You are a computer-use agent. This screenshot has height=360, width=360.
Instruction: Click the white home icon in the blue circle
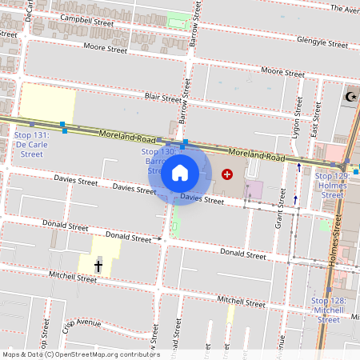coord(180,172)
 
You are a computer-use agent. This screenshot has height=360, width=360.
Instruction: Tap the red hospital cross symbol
coord(227,174)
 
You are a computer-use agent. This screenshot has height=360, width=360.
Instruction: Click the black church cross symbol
coord(99,266)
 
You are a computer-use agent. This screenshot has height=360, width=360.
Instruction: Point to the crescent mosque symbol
coord(350,97)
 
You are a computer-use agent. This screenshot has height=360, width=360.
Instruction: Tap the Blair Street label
coord(163,98)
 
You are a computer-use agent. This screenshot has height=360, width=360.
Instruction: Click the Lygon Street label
coord(297,118)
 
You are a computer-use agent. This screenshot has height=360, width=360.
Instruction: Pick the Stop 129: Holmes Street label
coord(332,185)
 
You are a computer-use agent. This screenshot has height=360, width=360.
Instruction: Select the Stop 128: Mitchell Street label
coord(329,310)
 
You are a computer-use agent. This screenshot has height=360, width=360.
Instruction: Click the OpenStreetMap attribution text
coord(81,354)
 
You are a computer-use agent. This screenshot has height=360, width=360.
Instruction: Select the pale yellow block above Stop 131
coord(46,102)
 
